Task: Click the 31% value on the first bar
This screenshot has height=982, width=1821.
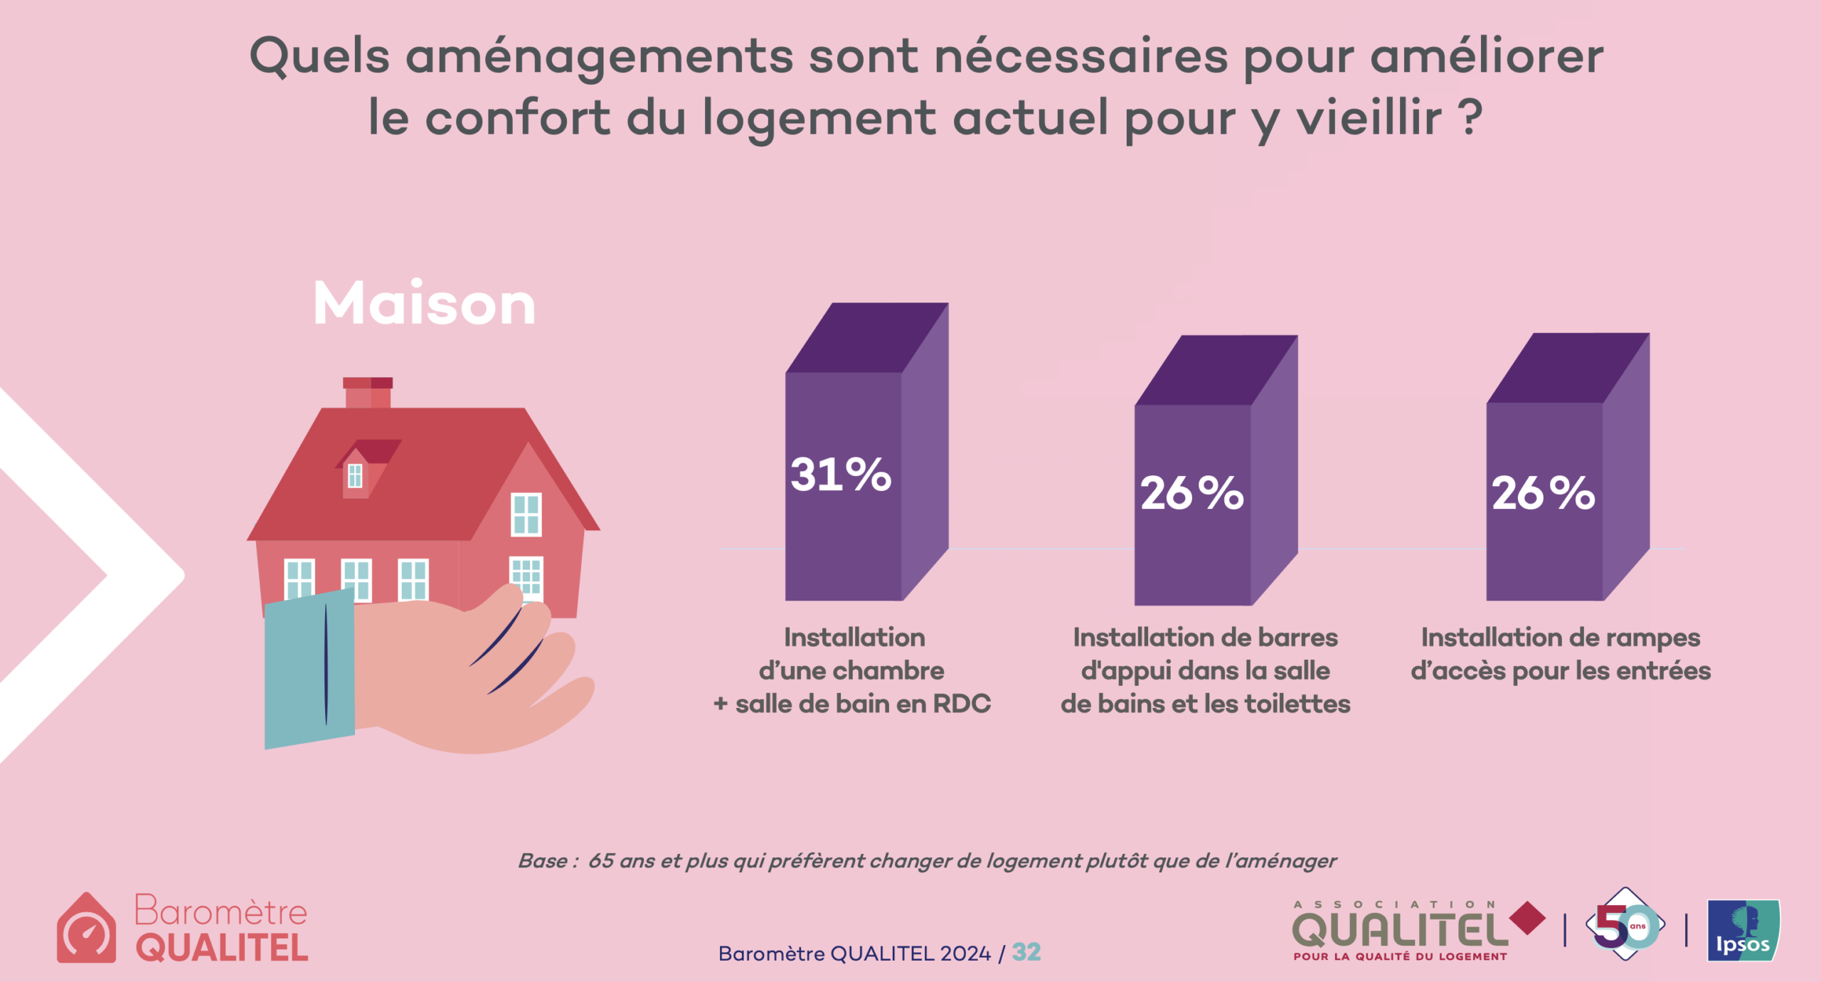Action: [840, 475]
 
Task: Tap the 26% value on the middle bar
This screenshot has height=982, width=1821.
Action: [1191, 492]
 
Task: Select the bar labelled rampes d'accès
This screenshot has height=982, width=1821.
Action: [1568, 467]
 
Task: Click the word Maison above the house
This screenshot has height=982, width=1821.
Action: [424, 304]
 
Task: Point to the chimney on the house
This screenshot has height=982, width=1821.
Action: [368, 393]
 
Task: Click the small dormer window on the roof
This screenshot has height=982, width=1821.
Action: [355, 475]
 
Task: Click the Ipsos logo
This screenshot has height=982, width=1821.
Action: [1743, 930]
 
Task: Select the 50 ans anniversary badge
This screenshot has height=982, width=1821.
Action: [1625, 924]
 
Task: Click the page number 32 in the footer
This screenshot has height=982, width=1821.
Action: [1026, 952]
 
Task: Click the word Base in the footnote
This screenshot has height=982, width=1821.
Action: [543, 861]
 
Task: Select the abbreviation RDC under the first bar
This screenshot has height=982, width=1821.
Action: [962, 704]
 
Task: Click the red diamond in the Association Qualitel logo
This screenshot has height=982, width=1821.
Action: [1527, 919]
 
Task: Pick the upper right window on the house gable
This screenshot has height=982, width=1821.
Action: [526, 514]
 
